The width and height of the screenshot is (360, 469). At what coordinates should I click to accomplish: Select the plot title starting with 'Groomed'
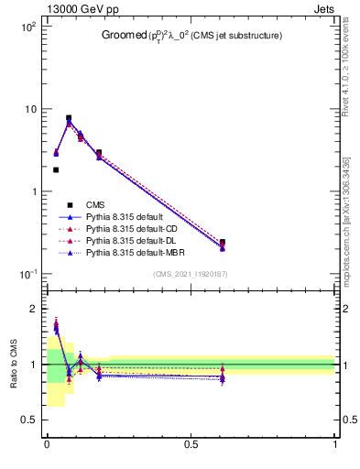pos(191,36)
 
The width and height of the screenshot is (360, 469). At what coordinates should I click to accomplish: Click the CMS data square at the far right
pos(223,243)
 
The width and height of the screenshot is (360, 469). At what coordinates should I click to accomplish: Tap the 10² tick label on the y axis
pos(27,27)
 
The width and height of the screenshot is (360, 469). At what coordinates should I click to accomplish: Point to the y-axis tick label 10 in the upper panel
pos(29,110)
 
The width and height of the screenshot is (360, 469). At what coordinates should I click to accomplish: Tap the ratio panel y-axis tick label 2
pos(34,309)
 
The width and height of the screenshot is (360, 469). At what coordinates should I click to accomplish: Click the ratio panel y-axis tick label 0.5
pos(29,420)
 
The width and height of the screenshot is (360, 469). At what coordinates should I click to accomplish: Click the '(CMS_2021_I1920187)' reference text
pos(191,275)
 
